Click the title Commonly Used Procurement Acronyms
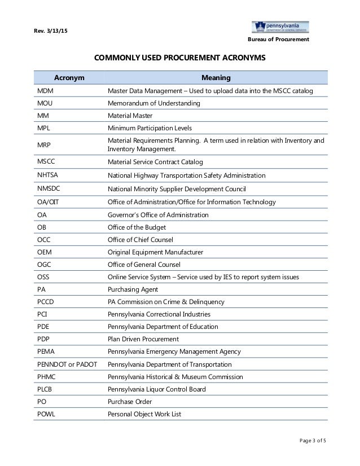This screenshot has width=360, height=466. pos(179,58)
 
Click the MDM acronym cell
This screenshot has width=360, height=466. pos(45,91)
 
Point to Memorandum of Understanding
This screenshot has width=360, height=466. pos(153,104)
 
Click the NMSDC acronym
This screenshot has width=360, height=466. pos(47,188)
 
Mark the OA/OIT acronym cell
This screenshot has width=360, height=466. pos(49,202)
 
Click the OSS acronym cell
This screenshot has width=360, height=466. pos(43,277)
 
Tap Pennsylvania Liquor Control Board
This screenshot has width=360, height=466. pos(156,389)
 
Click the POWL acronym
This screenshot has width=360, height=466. pos(46,414)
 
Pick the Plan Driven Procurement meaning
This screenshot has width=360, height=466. pos(143,339)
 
